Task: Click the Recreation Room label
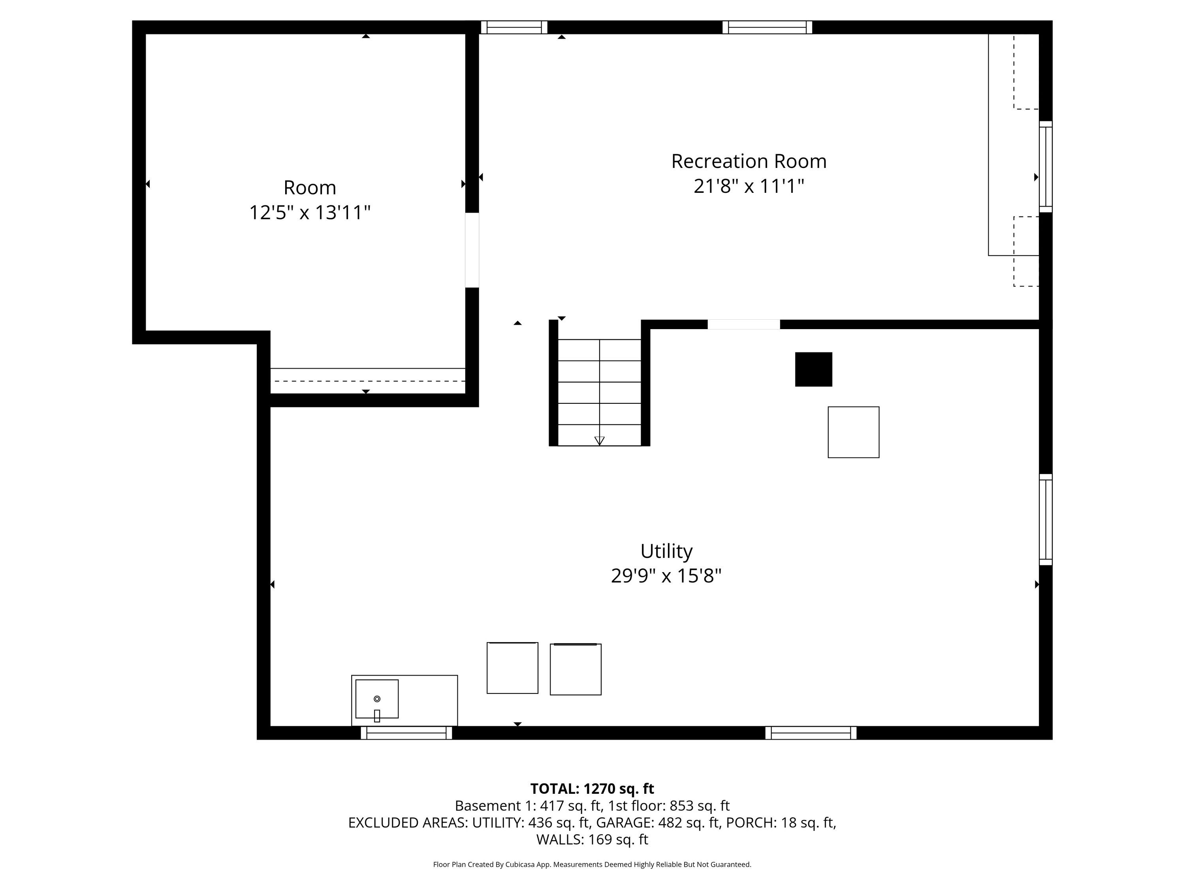pos(749,161)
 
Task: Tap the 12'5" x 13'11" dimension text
pos(310,213)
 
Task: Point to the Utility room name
pos(666,552)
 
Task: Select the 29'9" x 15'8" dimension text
pos(666,576)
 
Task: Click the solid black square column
pos(813,369)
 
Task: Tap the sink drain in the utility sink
pos(377,699)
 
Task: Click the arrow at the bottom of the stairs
pos(600,441)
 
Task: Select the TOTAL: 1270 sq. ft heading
pos(592,789)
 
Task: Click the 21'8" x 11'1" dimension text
pos(749,186)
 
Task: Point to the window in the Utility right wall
pos(1046,519)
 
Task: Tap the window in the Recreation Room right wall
pos(1046,167)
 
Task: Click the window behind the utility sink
pos(406,733)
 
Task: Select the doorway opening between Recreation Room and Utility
pos(743,324)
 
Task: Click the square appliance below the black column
pos(853,432)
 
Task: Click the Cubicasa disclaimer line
pos(592,865)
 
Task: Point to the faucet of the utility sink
pos(377,716)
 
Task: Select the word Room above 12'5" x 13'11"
pos(310,188)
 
